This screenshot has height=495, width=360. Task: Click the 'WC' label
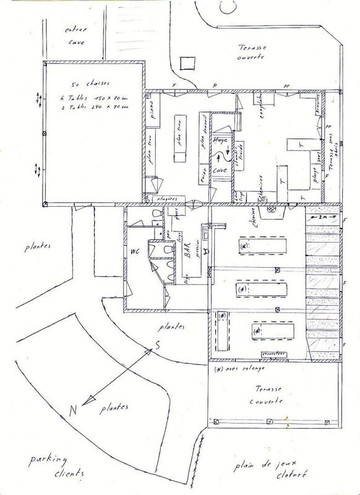click(x=134, y=252)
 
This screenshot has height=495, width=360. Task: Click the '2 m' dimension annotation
click(x=323, y=218)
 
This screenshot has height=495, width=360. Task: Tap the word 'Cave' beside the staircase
click(x=221, y=168)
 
